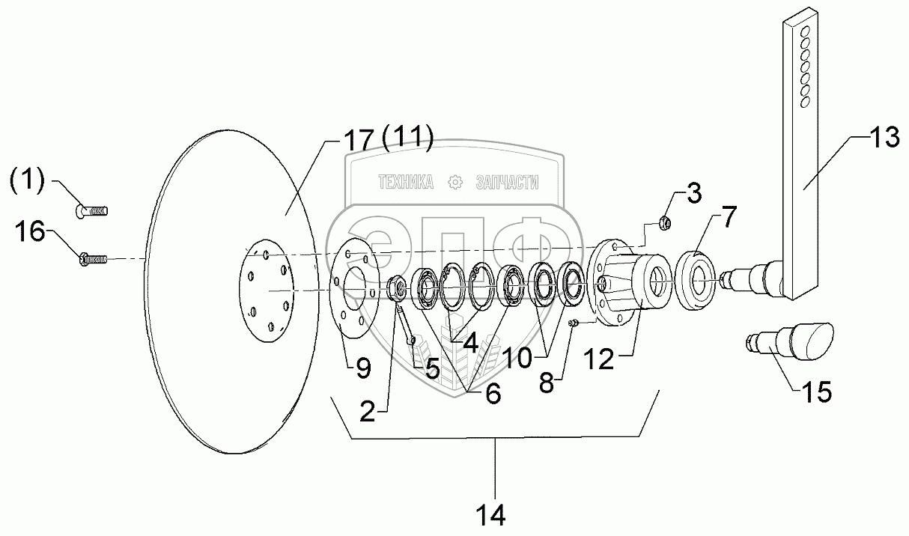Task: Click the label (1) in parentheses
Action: pos(28,179)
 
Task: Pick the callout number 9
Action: pos(362,367)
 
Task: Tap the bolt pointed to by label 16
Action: pos(93,260)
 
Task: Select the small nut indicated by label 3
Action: pos(663,221)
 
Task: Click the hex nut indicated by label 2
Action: pos(398,287)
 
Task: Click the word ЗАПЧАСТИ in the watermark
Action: pos(506,182)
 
